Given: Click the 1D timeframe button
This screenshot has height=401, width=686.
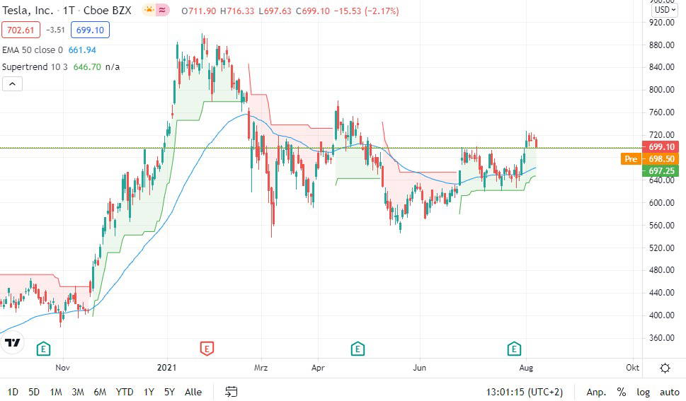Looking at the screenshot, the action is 13,392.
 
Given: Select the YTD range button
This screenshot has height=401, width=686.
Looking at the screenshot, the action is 125,392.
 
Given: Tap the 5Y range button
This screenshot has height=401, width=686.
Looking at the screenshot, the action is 169,392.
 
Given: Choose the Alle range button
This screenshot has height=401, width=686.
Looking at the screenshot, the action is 193,392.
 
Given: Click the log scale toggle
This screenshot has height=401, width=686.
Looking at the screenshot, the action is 643,393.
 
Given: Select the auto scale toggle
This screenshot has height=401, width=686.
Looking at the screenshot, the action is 670,393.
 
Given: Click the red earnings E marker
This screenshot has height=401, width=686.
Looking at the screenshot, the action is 207,349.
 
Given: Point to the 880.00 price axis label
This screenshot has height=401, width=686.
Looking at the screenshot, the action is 661,45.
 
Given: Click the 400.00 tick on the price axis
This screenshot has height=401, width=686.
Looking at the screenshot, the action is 661,315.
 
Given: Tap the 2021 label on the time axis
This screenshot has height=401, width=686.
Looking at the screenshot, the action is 166,367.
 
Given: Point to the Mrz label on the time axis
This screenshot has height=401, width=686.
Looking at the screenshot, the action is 261,367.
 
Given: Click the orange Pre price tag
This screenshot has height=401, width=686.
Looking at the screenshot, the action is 631,158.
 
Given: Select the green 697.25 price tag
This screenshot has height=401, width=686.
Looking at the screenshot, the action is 661,170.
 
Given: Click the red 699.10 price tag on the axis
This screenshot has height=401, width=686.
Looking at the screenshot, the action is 661,147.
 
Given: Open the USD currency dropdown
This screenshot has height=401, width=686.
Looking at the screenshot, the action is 665,10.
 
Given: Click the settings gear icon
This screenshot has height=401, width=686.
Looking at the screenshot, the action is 665,368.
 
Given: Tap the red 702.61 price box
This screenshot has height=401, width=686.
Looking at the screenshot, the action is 21,30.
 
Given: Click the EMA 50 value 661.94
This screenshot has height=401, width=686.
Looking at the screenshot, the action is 82,50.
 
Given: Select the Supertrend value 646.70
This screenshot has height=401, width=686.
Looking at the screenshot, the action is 87,67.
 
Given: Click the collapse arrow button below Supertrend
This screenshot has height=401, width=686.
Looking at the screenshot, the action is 12,84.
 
